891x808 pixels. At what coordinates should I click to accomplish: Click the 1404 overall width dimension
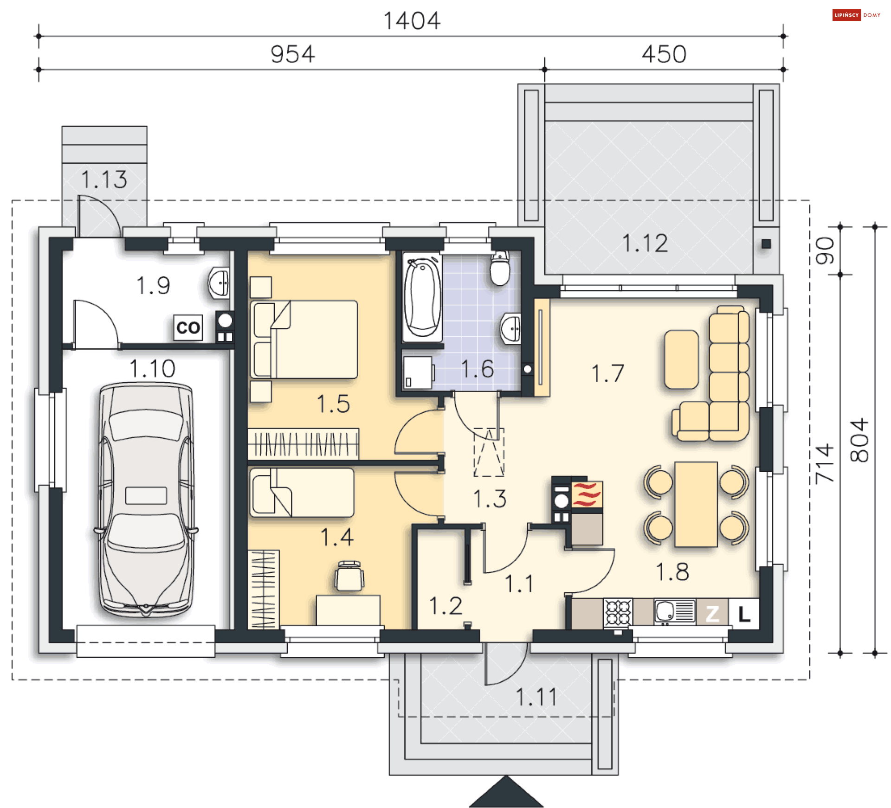(x=412, y=21)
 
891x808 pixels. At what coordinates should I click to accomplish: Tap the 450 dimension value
(x=664, y=54)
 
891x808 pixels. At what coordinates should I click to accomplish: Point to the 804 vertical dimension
(x=859, y=440)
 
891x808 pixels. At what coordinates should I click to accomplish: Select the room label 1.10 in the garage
(x=152, y=369)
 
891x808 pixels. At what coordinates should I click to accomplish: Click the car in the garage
(x=146, y=500)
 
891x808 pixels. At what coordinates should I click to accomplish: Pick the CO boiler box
(x=188, y=327)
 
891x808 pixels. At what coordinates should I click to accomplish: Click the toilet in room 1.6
(x=500, y=269)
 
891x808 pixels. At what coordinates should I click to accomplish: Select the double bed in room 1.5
(x=304, y=339)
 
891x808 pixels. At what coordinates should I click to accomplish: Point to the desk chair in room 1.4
(x=349, y=576)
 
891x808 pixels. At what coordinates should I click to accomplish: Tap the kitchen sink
(x=675, y=611)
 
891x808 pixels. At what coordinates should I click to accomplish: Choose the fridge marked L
(x=744, y=614)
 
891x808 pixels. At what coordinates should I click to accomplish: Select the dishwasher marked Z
(x=712, y=614)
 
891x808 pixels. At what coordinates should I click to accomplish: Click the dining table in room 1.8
(x=696, y=504)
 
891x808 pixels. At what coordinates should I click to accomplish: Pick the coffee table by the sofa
(x=681, y=359)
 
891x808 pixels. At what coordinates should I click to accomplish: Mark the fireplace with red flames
(x=587, y=494)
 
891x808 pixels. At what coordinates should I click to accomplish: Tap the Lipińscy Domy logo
(x=857, y=15)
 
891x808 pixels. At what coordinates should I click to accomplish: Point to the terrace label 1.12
(x=645, y=244)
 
